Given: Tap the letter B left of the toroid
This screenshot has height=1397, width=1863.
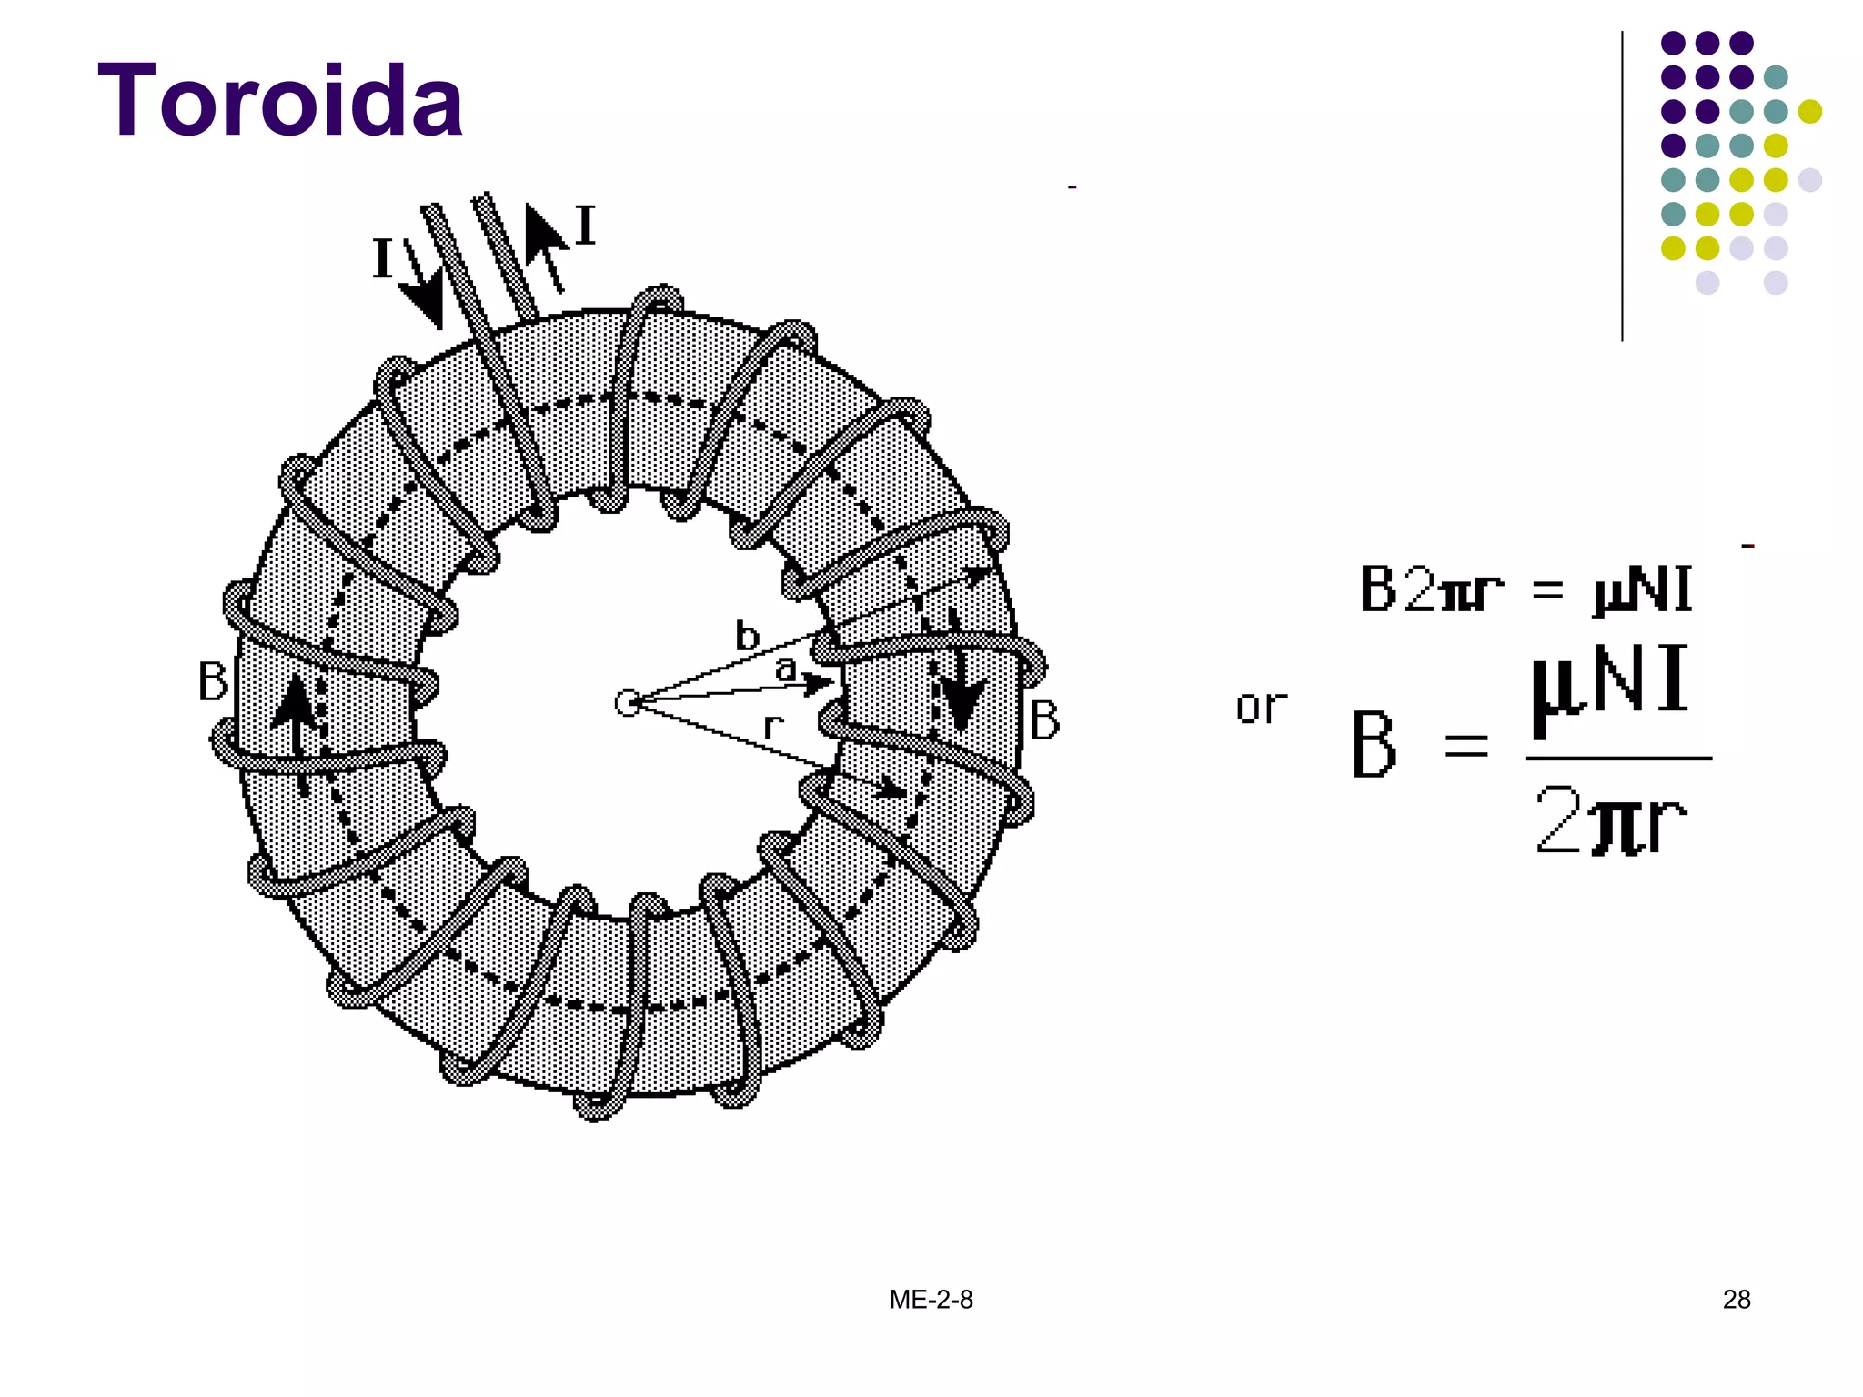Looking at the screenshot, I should click(213, 681).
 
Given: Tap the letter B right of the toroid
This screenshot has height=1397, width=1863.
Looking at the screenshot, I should click(1044, 721).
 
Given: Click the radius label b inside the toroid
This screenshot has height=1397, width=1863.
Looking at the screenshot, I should click(747, 637).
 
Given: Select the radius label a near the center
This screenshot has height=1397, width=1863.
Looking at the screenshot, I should click(785, 669).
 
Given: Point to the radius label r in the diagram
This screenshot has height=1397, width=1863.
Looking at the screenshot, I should click(772, 726).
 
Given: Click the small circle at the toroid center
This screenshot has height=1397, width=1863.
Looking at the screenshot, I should click(628, 703).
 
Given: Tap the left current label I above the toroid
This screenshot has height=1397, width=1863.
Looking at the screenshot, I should click(383, 259).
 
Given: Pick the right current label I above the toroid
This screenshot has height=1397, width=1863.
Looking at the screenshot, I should click(585, 226).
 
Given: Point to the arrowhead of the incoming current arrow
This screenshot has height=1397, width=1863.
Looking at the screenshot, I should click(423, 305).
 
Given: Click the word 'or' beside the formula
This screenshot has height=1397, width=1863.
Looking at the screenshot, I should click(1261, 707).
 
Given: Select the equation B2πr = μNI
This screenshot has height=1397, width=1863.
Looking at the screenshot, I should click(1526, 589).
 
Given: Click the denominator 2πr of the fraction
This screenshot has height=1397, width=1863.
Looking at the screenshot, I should click(1610, 821).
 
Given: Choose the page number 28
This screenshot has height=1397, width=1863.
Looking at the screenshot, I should click(1736, 1300).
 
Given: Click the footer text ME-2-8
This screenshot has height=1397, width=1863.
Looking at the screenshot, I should click(931, 1300).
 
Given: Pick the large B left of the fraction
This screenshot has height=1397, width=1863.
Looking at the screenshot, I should click(1374, 745).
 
